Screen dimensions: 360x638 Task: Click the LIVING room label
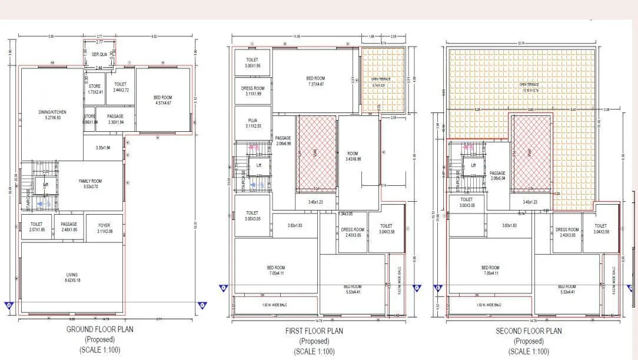click(71, 277)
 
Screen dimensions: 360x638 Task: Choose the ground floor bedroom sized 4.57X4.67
click(162, 100)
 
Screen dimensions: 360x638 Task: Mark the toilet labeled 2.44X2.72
click(120, 88)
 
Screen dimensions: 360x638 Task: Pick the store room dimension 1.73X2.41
click(95, 89)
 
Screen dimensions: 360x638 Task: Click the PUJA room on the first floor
click(252, 122)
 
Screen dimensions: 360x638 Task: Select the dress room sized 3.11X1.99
click(252, 91)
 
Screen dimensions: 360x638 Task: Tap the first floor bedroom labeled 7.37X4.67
click(315, 81)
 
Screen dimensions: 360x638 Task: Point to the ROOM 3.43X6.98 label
click(358, 155)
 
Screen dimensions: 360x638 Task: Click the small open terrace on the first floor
click(382, 82)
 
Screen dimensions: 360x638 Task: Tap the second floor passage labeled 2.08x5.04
click(497, 175)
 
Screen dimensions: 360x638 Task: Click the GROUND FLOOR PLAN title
click(99, 329)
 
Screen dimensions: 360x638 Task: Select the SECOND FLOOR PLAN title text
click(529, 331)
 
